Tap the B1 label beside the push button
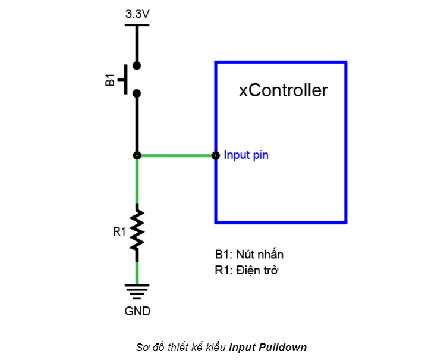(x=110, y=80)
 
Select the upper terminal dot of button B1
(x=137, y=65)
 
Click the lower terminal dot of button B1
(x=137, y=93)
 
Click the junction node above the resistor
(x=137, y=155)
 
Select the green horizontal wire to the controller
(x=176, y=155)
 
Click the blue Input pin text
(x=246, y=155)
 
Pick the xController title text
(x=283, y=90)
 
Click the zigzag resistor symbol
(x=137, y=228)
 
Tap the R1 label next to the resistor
(x=119, y=231)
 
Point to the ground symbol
(x=137, y=292)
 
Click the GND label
(x=137, y=311)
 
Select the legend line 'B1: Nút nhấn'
(x=249, y=255)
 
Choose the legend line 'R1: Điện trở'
(x=247, y=270)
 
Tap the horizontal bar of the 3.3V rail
(x=137, y=25)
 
